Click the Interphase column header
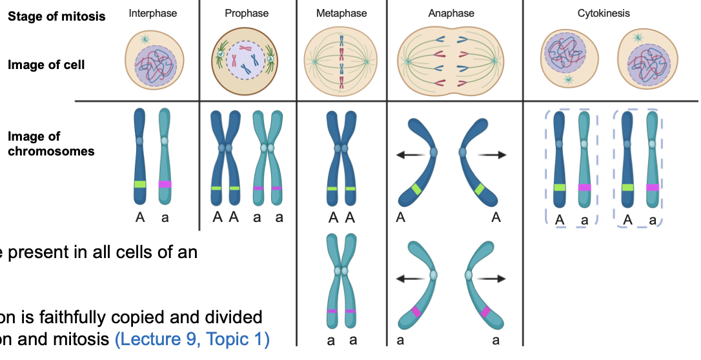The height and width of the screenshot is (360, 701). pyautogui.click(x=153, y=13)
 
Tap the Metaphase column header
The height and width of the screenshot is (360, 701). pyautogui.click(x=341, y=13)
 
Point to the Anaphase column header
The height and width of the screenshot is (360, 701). pyautogui.click(x=451, y=13)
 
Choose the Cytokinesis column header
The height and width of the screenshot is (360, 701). pyautogui.click(x=604, y=13)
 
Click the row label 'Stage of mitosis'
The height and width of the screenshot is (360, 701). pyautogui.click(x=57, y=16)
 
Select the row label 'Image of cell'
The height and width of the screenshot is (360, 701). pyautogui.click(x=46, y=65)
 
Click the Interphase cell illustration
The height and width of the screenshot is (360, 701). pyautogui.click(x=153, y=61)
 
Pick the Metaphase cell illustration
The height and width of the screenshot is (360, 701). pyautogui.click(x=341, y=61)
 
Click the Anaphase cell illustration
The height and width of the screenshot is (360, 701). pyautogui.click(x=451, y=61)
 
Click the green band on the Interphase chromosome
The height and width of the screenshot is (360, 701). pyautogui.click(x=140, y=184)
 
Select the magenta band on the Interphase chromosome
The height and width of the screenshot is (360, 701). pyautogui.click(x=165, y=184)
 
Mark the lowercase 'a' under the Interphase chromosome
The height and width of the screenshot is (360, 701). pyautogui.click(x=165, y=217)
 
